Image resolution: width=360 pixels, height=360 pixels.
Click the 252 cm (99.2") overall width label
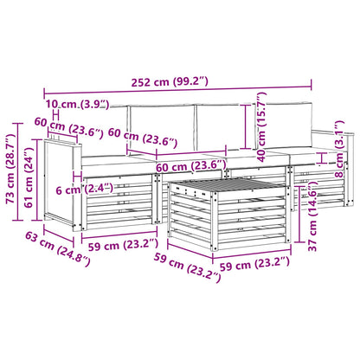(170, 82)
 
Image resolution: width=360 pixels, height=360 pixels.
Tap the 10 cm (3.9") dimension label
(78, 104)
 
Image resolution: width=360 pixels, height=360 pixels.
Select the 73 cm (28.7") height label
(10, 169)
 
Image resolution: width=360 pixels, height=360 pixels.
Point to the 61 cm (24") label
(29, 177)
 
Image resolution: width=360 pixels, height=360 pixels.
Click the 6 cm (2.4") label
(84, 190)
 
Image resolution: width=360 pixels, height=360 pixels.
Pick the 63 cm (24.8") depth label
(58, 248)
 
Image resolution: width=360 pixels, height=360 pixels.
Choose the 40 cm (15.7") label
(261, 127)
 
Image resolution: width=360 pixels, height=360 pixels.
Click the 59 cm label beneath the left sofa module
(124, 245)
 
